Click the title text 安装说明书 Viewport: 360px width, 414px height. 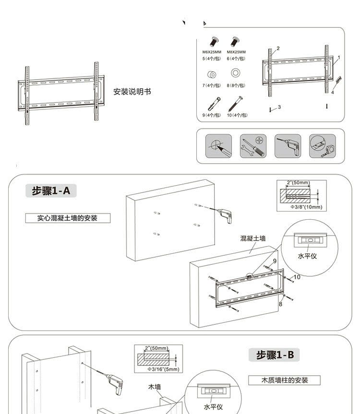click(x=132, y=92)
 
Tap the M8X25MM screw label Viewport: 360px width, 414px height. click(x=236, y=52)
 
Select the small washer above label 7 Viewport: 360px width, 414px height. click(x=211, y=75)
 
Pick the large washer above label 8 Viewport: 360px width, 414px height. click(x=236, y=73)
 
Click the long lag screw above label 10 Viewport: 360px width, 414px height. click(x=236, y=103)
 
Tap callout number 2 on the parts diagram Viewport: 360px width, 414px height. click(x=278, y=48)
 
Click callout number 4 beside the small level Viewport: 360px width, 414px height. click(x=332, y=92)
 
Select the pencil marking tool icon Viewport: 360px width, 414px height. click(x=219, y=146)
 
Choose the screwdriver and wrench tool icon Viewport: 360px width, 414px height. click(x=253, y=146)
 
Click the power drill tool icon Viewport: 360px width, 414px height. click(x=288, y=146)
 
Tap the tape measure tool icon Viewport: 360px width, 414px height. click(x=322, y=146)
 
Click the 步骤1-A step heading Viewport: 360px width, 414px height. click(x=51, y=191)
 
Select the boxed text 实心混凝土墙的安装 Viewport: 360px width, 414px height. click(x=68, y=218)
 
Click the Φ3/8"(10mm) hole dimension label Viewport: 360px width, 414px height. click(x=306, y=207)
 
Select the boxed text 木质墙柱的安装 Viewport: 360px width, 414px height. click(x=284, y=380)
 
